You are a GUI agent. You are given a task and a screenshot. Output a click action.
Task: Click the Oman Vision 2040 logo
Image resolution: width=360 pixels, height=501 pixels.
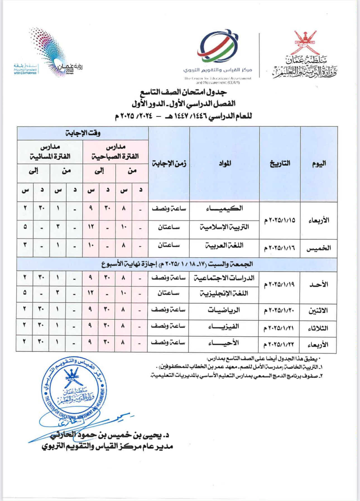[x=53, y=53]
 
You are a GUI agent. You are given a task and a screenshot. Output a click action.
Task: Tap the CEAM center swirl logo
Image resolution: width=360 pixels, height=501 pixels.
[x=218, y=46]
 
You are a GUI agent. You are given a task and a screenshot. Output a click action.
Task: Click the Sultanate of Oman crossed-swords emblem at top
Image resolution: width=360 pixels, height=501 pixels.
[x=306, y=42]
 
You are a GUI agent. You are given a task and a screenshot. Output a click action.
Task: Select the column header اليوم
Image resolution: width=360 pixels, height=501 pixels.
[x=319, y=164]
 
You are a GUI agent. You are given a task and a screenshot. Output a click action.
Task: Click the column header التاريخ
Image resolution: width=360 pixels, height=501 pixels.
[x=280, y=164]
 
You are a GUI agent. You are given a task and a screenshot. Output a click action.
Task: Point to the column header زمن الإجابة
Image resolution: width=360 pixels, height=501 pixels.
[x=169, y=164]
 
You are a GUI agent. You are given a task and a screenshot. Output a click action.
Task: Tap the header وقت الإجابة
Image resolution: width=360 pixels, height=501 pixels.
[x=83, y=133]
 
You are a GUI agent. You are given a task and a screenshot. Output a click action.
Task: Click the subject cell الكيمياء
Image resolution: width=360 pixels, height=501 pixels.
[x=224, y=208]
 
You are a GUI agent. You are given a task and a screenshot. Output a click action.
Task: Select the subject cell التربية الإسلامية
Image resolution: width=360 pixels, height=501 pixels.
[x=224, y=227]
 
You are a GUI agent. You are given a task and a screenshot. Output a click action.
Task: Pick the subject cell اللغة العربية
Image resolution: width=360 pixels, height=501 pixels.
[x=224, y=246]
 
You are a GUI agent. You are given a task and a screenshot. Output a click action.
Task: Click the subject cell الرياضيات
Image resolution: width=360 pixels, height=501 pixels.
[x=224, y=310]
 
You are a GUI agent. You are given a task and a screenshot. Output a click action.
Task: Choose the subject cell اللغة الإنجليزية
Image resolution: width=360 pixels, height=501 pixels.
[x=224, y=293]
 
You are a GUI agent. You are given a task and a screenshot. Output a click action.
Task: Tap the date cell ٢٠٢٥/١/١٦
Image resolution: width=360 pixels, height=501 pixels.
[x=280, y=248]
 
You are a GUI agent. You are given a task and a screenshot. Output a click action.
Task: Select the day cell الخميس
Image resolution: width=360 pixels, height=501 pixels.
[x=319, y=248]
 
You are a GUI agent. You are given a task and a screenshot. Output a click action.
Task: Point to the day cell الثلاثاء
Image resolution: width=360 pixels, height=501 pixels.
[x=318, y=329]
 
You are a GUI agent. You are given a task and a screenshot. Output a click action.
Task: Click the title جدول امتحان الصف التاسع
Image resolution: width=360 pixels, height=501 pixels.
[x=183, y=92]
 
